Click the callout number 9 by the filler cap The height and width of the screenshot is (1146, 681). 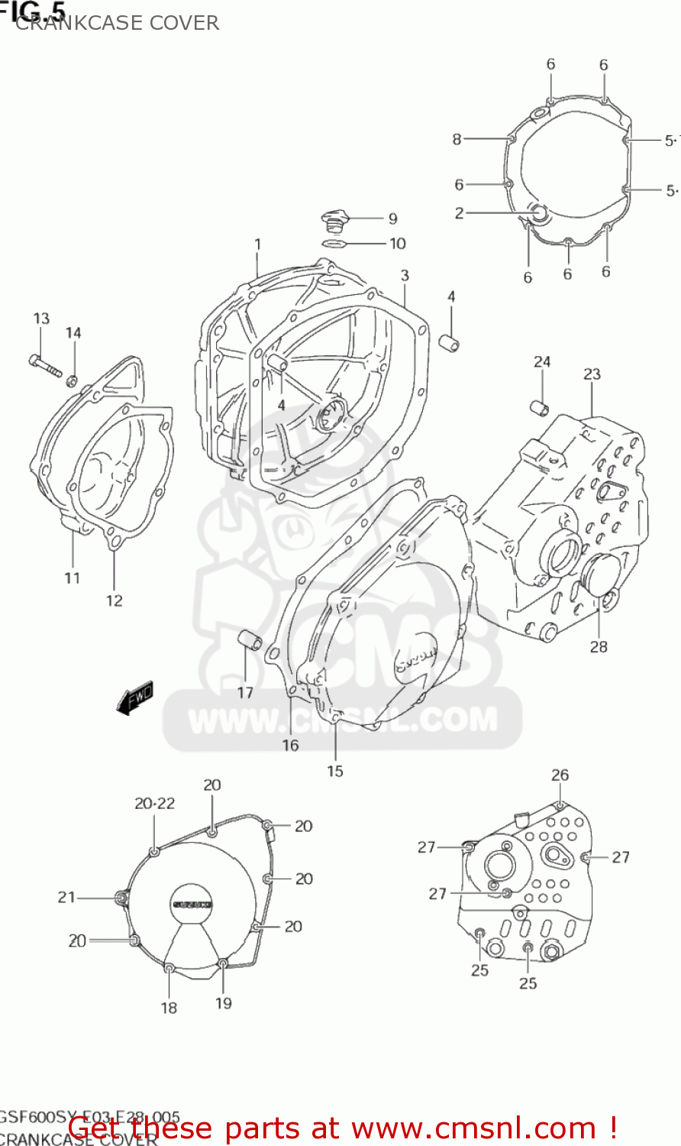click(392, 219)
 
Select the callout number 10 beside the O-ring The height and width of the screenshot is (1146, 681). click(397, 244)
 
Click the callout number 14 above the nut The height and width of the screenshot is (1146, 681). click(73, 332)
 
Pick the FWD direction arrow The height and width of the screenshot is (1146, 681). click(136, 698)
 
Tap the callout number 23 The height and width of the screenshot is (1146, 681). click(592, 374)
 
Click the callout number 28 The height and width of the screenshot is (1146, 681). click(599, 646)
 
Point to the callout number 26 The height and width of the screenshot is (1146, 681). click(560, 775)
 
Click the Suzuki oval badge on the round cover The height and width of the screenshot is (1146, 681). click(192, 904)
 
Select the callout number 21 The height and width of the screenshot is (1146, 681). click(66, 897)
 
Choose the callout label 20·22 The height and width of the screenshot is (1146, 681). click(154, 803)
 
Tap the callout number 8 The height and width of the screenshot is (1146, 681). click(457, 139)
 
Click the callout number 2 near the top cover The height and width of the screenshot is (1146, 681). click(459, 213)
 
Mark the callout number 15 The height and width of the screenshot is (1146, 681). click(335, 771)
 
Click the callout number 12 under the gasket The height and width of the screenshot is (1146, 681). click(114, 601)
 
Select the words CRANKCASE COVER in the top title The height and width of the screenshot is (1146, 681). click(117, 23)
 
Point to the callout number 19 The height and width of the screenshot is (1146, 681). click(223, 1003)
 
